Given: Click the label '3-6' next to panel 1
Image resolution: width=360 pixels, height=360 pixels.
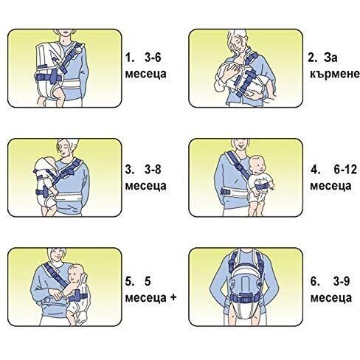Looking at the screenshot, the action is pyautogui.click(x=153, y=58).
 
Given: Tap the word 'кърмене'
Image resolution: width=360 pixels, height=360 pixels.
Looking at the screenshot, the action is pyautogui.click(x=335, y=74).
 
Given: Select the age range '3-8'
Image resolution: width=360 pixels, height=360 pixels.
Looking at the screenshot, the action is pyautogui.click(x=153, y=170).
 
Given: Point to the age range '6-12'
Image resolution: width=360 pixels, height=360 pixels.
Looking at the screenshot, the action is pyautogui.click(x=345, y=170).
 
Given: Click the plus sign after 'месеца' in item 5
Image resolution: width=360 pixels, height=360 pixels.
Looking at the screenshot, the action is pyautogui.click(x=173, y=297).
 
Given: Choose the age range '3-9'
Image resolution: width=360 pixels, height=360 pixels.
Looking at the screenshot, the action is pyautogui.click(x=342, y=281).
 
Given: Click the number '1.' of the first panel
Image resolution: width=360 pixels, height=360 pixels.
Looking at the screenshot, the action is pyautogui.click(x=129, y=58).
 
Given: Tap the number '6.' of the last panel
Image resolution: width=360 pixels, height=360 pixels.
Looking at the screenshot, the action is pyautogui.click(x=314, y=281).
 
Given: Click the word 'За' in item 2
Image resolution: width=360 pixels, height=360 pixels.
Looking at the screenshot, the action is pyautogui.click(x=330, y=58).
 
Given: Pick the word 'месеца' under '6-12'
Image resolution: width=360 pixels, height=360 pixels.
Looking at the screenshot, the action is pyautogui.click(x=330, y=186).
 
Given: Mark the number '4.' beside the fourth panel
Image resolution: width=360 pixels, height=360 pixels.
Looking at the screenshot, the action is pyautogui.click(x=314, y=170).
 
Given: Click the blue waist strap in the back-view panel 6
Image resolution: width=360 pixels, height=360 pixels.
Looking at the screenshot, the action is pyautogui.click(x=246, y=299).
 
